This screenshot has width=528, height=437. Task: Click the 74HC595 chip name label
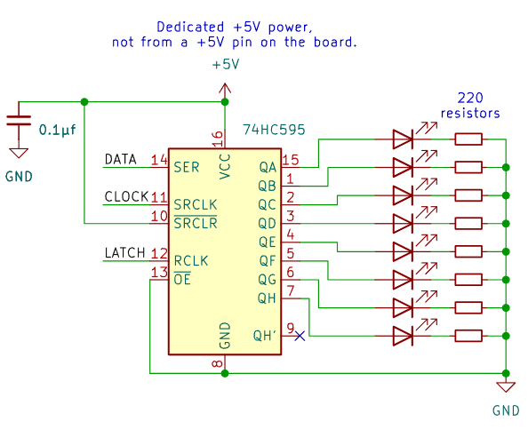click(x=274, y=130)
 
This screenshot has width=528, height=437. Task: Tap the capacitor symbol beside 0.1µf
click(x=19, y=121)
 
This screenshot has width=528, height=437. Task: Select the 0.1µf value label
click(x=57, y=130)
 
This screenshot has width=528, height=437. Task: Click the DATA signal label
click(x=121, y=159)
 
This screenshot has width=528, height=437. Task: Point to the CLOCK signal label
click(x=126, y=197)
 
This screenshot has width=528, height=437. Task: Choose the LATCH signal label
click(x=125, y=253)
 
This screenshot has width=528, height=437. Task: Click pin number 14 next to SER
click(x=159, y=160)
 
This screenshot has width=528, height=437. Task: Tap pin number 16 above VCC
click(x=218, y=139)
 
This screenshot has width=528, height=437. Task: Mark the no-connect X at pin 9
click(x=300, y=336)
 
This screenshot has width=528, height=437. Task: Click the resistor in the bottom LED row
click(x=468, y=336)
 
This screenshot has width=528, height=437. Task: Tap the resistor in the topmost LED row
click(x=468, y=139)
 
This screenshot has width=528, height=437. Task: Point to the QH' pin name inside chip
click(x=265, y=336)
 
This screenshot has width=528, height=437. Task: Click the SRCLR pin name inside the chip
click(x=196, y=223)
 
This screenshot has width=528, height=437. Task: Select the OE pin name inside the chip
click(x=182, y=279)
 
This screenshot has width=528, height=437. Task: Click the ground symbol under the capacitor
click(x=19, y=153)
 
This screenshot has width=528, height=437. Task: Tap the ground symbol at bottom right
click(x=506, y=387)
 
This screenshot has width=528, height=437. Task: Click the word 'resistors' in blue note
click(x=470, y=114)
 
